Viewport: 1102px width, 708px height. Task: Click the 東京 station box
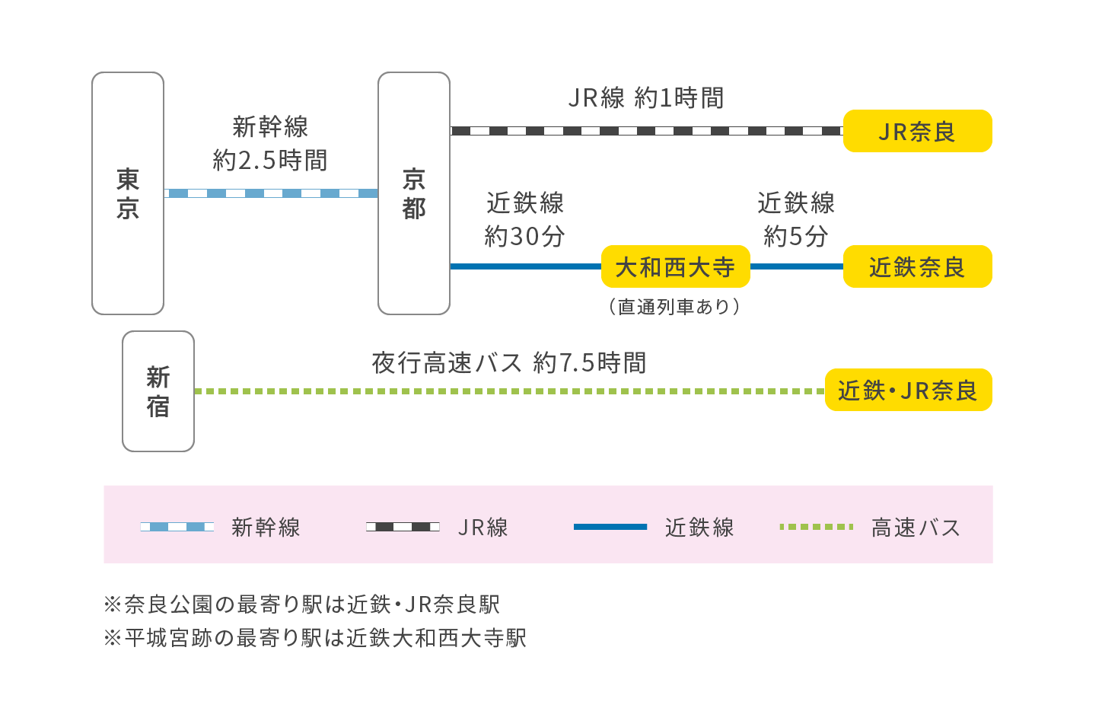[128, 193]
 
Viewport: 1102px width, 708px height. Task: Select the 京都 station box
[414, 193]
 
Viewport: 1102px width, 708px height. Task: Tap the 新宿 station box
[158, 391]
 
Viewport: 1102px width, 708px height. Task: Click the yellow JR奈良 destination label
[917, 132]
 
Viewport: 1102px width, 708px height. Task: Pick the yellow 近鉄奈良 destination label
[917, 267]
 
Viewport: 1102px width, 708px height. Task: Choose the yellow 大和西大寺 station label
[675, 267]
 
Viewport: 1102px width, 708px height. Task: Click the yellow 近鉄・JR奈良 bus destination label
[908, 391]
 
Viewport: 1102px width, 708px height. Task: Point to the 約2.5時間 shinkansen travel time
[270, 161]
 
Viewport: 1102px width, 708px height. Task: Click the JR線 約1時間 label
[646, 98]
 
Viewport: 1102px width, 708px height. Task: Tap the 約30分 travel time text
[524, 237]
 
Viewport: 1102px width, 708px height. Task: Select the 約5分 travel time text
[796, 237]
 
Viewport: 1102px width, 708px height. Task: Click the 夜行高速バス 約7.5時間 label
[509, 363]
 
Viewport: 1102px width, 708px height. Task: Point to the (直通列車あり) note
[675, 307]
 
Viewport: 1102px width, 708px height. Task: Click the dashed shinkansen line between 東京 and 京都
[271, 193]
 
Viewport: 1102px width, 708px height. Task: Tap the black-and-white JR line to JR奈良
[646, 131]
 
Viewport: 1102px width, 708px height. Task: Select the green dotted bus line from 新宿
[509, 391]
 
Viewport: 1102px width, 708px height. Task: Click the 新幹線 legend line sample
[177, 527]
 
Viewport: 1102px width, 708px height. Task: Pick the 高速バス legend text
[916, 528]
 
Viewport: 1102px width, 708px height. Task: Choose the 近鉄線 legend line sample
[610, 527]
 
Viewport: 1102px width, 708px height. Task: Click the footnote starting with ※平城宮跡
[315, 638]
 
